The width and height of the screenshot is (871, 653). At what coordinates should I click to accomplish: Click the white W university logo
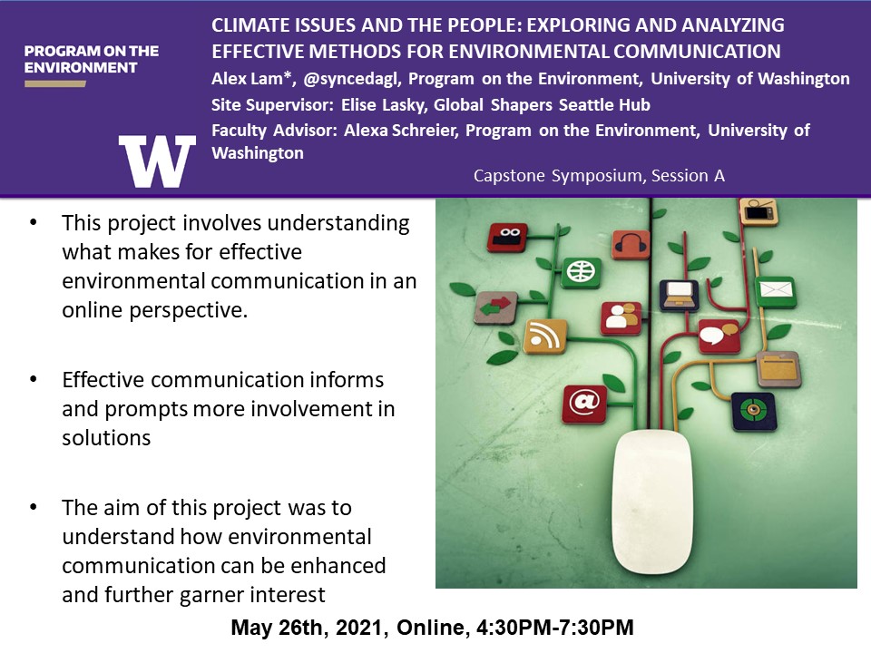tap(157, 161)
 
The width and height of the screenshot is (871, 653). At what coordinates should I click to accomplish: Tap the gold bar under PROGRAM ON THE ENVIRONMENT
tap(55, 83)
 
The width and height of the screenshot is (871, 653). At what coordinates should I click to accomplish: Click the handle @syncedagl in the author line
tap(352, 79)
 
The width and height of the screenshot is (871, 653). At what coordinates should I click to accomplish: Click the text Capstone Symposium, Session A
tap(599, 176)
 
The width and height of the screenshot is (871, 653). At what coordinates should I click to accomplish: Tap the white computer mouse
tap(652, 502)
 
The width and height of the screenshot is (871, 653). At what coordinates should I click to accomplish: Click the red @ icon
tap(584, 403)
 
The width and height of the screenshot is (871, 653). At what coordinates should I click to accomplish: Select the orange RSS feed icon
tap(545, 336)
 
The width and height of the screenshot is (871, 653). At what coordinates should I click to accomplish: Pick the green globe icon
tap(581, 272)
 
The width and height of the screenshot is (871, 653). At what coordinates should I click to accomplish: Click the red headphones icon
tap(631, 245)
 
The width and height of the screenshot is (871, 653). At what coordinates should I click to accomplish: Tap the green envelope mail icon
tap(776, 291)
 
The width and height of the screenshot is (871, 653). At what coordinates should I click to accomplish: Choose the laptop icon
tap(679, 296)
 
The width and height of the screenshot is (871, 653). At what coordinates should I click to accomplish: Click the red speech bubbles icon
tap(719, 336)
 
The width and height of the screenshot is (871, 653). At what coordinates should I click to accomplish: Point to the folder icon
tap(778, 368)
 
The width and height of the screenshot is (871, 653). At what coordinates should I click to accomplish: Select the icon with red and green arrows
tap(495, 307)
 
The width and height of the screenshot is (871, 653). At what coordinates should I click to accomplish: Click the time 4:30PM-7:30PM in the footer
tap(555, 628)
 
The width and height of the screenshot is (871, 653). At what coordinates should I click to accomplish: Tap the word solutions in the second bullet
tap(106, 438)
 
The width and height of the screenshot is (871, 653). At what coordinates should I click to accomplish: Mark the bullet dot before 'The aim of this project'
tap(34, 507)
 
